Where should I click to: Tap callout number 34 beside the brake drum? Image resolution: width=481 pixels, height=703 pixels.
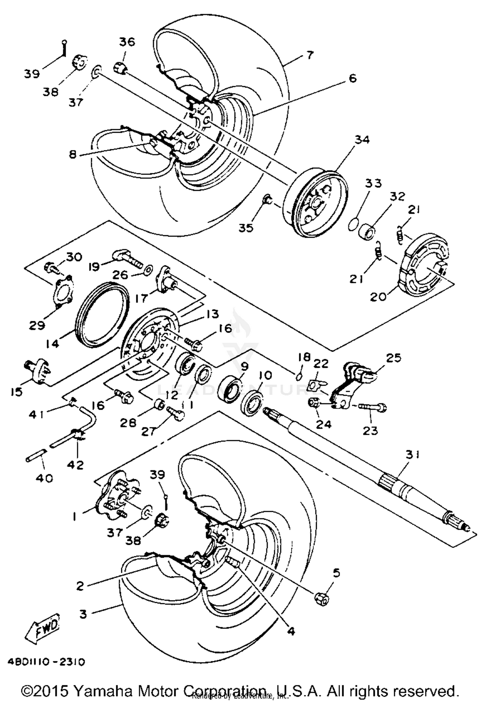tap(362, 140)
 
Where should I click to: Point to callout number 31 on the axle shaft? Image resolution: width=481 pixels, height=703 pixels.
tap(412, 454)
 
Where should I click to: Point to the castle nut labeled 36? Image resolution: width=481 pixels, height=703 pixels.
tap(120, 68)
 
